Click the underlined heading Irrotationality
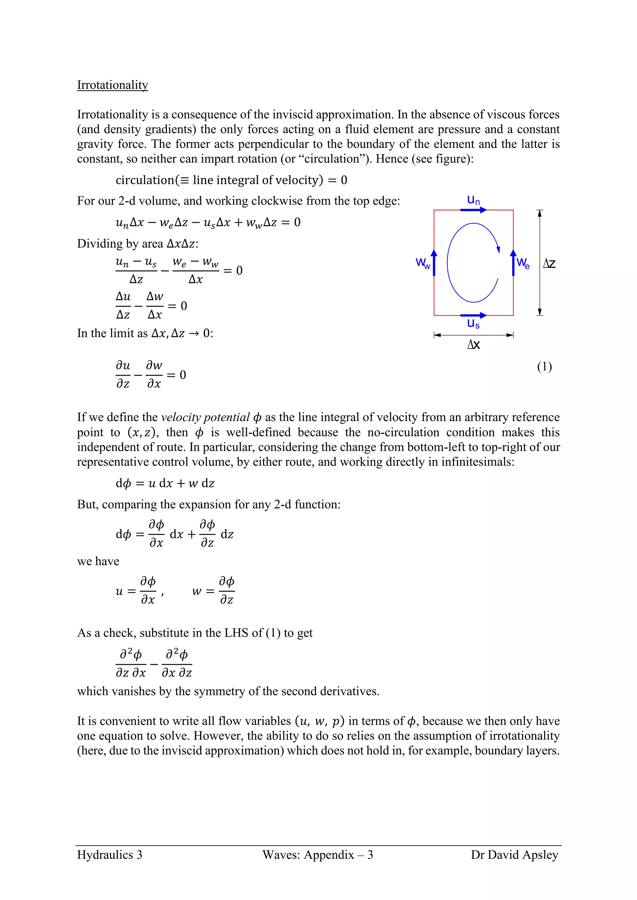(x=112, y=85)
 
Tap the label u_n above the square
(x=473, y=200)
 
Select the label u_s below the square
(x=473, y=324)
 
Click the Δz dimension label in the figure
(x=549, y=264)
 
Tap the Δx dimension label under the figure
(x=473, y=345)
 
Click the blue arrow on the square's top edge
(x=473, y=210)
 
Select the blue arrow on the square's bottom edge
(x=473, y=315)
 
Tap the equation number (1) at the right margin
(x=544, y=367)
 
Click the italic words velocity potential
(x=206, y=417)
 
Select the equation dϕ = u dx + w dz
(x=165, y=483)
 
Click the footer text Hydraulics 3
(x=109, y=855)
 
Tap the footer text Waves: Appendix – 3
(x=318, y=855)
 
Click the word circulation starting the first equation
(x=145, y=180)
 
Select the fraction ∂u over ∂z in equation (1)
(x=123, y=375)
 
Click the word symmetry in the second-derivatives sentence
(x=218, y=691)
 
